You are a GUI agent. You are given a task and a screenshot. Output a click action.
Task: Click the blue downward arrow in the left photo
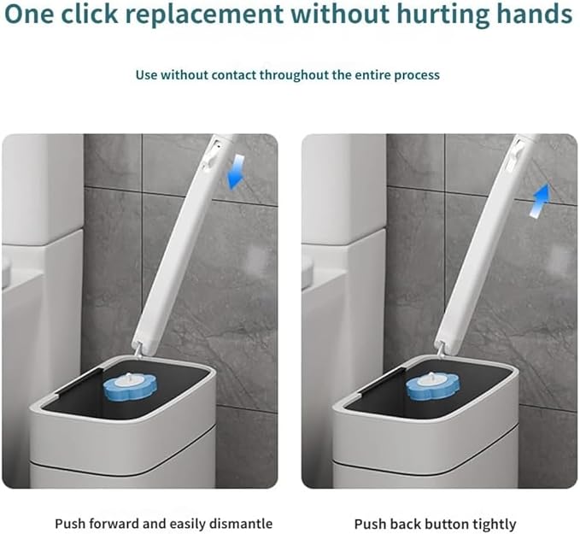point(236,172)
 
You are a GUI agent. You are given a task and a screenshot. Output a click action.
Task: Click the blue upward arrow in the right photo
point(540,200)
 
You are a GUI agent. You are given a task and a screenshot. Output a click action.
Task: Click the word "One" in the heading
point(28,14)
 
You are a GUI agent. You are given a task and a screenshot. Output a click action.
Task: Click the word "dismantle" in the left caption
point(241,524)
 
